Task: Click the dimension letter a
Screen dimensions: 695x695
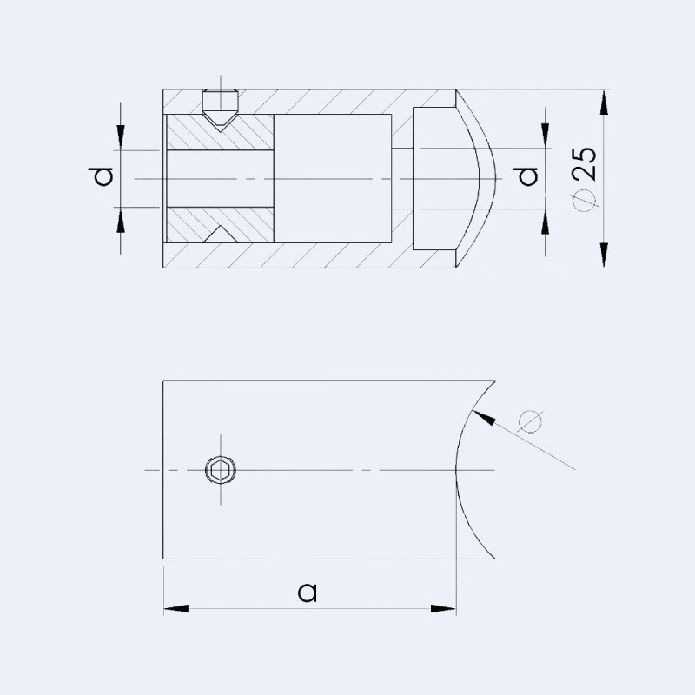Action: [307, 592]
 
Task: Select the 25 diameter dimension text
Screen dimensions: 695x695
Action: [585, 176]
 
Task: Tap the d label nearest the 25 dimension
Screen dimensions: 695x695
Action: [527, 177]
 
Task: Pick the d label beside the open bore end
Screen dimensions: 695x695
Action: [103, 177]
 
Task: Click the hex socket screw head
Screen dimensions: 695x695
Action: [220, 471]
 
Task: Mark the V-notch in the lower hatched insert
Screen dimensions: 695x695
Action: [221, 235]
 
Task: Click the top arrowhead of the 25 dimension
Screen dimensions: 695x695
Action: [602, 100]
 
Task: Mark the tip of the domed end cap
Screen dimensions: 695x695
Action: [495, 178]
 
